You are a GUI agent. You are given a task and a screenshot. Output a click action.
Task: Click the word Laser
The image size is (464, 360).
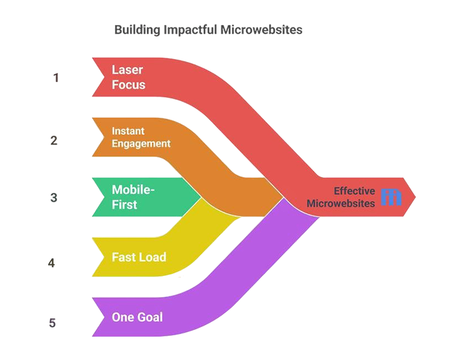click(x=127, y=70)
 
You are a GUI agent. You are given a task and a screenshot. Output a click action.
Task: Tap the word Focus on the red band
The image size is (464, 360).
click(x=128, y=84)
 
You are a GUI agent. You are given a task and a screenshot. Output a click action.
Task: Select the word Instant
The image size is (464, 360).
click(x=128, y=131)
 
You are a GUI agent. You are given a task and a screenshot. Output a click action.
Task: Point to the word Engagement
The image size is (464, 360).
click(x=141, y=143)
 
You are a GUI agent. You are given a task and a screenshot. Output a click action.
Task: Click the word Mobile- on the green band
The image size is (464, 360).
click(x=133, y=190)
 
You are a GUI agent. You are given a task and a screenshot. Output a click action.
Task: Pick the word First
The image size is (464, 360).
click(x=124, y=205)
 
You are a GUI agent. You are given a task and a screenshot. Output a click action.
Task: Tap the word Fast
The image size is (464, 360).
click(x=123, y=258)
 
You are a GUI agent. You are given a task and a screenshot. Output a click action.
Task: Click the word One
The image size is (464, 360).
click(x=123, y=317)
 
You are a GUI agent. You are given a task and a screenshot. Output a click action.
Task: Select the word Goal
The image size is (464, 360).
click(x=149, y=317)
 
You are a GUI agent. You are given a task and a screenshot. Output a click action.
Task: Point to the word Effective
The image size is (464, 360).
click(x=354, y=191)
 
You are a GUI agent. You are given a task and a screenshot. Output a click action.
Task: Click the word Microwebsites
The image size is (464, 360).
click(x=341, y=203)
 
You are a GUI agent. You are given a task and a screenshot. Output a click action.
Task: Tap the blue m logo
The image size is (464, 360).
click(x=391, y=198)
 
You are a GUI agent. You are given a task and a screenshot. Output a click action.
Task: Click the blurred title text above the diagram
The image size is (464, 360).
click(x=208, y=29)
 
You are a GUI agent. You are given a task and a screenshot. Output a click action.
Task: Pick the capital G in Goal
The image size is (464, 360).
click(x=140, y=317)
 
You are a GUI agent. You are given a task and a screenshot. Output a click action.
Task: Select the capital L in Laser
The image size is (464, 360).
click(x=115, y=70)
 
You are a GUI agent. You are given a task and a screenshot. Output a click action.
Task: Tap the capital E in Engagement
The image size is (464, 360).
click(x=115, y=143)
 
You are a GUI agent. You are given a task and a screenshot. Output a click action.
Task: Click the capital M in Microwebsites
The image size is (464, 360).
click(x=311, y=203)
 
